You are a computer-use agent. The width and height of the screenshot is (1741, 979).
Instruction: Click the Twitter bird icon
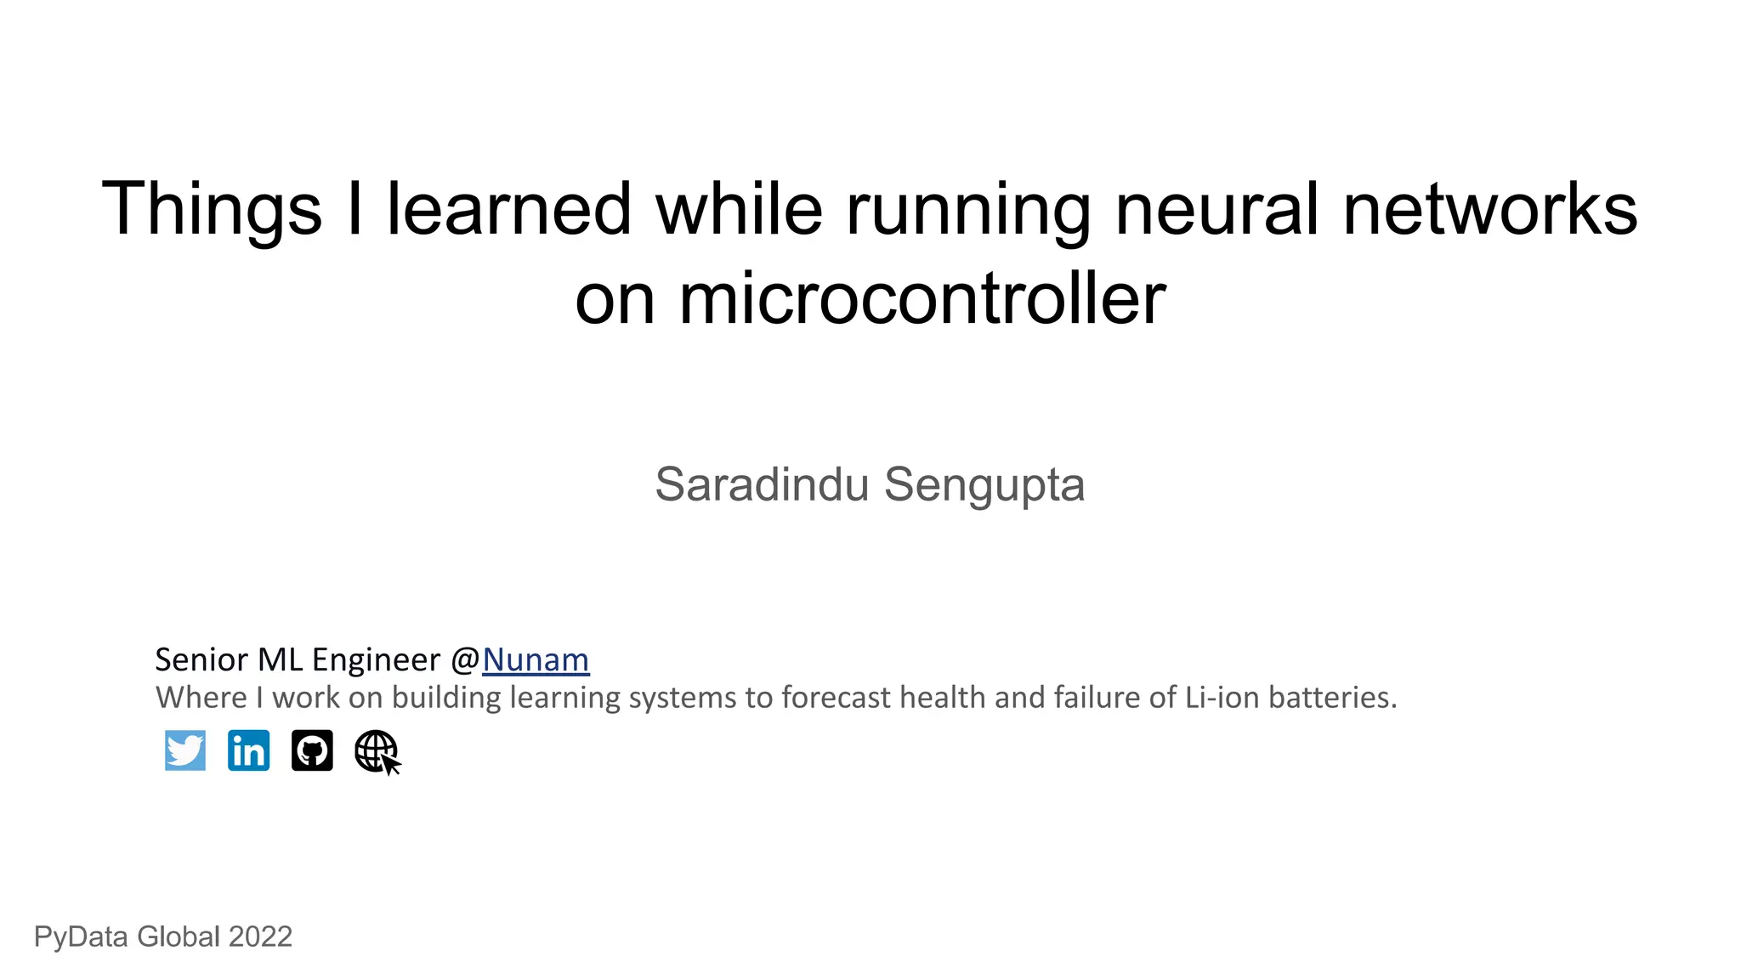185,750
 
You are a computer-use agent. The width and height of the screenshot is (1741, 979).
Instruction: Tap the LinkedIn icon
249,750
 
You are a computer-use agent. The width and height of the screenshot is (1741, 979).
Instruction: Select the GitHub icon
312,750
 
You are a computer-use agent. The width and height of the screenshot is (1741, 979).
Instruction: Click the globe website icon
377,751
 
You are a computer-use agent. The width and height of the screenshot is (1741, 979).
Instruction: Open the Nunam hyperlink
536,660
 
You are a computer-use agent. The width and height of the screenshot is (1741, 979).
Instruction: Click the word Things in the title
212,210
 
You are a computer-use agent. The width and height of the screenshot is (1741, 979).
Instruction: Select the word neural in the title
1216,210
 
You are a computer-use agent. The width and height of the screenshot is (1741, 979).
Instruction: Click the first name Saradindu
762,485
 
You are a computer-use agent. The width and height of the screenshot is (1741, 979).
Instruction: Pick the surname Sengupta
984,485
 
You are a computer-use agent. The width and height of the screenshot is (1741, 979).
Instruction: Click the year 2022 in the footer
260,937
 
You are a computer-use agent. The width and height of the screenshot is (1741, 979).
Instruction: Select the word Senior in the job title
201,660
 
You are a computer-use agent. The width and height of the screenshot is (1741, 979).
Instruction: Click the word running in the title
968,210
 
